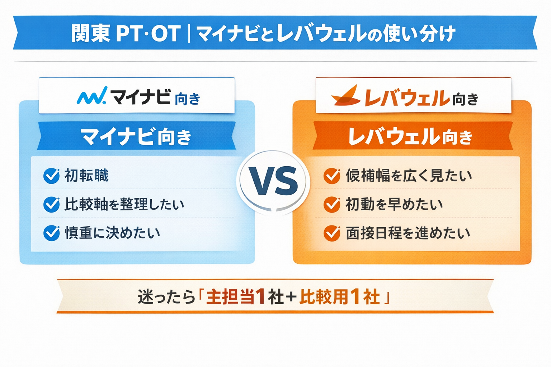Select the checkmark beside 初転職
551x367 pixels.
[52, 176]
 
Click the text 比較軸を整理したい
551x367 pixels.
[124, 204]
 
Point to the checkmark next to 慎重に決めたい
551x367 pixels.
[52, 233]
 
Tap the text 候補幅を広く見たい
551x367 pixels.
[409, 176]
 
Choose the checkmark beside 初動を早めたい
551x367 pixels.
[332, 205]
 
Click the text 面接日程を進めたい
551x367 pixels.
[408, 233]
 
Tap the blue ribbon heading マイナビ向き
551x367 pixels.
[136, 136]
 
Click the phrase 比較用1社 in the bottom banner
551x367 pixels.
[339, 297]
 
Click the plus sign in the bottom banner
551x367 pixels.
[292, 297]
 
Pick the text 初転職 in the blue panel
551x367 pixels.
[86, 176]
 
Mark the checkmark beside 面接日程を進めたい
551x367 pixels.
[332, 233]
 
